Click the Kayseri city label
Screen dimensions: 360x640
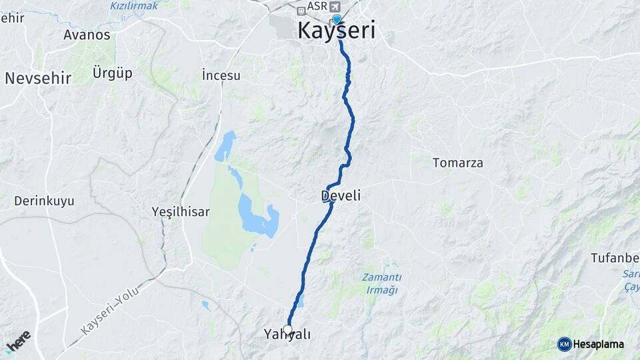[336, 31]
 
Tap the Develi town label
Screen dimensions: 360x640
[341, 196]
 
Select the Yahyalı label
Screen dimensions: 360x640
[288, 335]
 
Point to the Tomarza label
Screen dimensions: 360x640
[458, 163]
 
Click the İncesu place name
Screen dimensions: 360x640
[221, 75]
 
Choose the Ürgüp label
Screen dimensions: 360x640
[112, 72]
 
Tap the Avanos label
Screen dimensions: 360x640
[87, 35]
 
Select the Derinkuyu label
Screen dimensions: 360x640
[44, 201]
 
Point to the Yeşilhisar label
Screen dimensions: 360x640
[181, 212]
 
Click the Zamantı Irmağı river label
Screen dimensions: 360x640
[381, 283]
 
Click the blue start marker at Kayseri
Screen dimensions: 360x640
[337, 19]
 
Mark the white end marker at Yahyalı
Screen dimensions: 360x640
[287, 329]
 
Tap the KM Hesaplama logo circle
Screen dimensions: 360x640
[564, 344]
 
